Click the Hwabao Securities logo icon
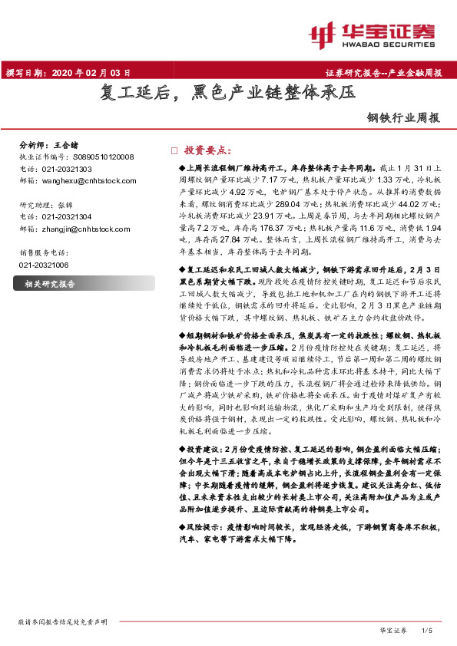coord(323,33)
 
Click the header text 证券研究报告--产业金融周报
coord(384,74)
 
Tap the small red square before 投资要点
coord(174,150)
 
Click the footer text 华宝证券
coord(392,630)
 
